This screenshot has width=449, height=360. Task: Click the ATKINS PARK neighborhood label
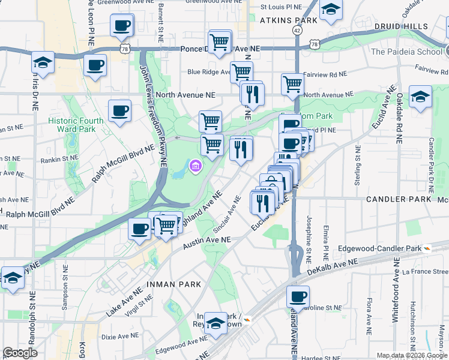pos(288,20)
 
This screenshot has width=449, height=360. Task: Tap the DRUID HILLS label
pos(401,26)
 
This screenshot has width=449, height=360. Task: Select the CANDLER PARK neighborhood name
pos(399,199)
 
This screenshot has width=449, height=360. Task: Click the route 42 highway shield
pos(298,29)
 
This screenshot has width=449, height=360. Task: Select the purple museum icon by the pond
pos(195,166)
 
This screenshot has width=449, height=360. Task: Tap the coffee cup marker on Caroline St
pos(298,296)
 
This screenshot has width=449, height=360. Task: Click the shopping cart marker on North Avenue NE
pos(292,84)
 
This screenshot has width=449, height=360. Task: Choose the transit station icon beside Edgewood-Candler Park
pos(427,248)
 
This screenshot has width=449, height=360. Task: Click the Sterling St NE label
pos(357,165)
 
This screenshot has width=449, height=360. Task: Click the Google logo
pos(20,353)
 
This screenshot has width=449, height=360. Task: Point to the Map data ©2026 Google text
pos(411,355)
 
